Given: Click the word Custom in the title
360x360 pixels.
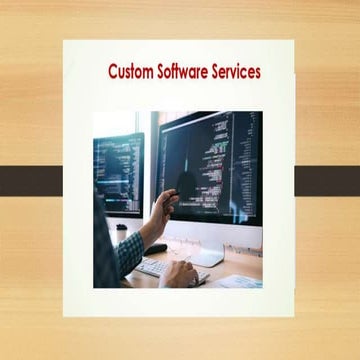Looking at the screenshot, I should pos(130,72).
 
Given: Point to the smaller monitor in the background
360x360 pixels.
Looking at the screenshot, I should pos(118,170).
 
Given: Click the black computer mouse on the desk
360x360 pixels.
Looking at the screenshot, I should pos(156,248).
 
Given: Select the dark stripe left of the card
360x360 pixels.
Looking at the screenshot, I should pos(31,180).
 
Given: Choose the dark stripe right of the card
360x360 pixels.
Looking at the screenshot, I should pos(327,180).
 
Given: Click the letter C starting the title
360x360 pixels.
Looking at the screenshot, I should pos(113,72).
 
